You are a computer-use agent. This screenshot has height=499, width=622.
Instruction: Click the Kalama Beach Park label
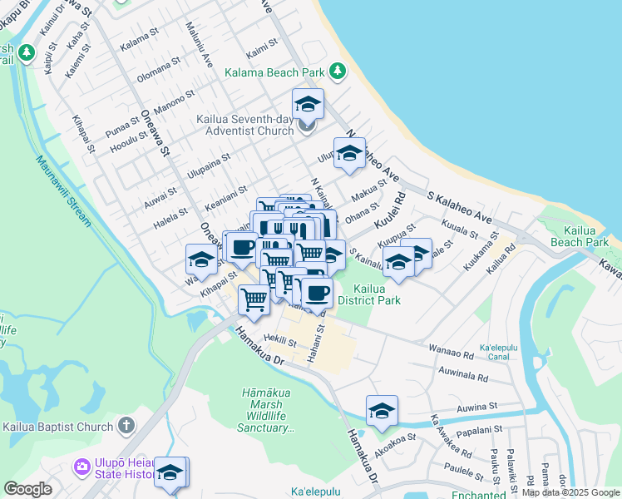[274, 72]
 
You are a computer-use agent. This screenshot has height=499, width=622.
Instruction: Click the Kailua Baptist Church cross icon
[126, 427]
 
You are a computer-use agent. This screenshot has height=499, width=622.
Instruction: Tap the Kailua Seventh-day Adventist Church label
[245, 125]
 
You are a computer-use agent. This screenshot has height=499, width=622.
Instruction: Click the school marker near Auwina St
[382, 411]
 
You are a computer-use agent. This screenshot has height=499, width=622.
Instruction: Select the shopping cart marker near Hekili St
[254, 299]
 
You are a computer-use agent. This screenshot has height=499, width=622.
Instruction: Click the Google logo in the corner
[28, 489]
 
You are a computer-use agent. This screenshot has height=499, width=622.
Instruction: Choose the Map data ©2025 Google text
[571, 493]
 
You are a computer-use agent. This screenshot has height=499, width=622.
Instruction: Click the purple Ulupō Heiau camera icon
[81, 466]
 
